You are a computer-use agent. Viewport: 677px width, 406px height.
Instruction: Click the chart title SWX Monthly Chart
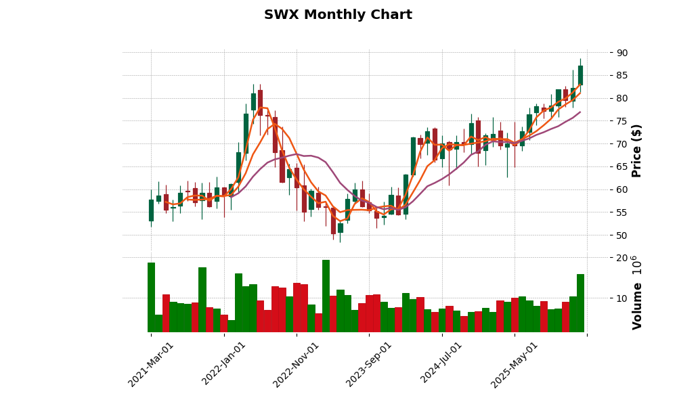(338, 15)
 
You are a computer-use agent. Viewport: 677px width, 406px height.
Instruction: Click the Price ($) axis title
(636, 150)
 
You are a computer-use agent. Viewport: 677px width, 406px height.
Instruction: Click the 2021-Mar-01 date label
(151, 364)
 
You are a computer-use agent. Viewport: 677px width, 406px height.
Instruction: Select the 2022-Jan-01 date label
(224, 364)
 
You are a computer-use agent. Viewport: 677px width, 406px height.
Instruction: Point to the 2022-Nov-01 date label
(296, 364)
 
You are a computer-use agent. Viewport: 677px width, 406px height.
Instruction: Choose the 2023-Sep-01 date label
(369, 364)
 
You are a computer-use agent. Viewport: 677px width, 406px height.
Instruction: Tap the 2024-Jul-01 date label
(441, 364)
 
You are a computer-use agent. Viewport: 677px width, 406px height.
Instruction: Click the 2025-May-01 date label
(515, 364)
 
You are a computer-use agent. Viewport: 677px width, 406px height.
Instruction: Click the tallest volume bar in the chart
(326, 296)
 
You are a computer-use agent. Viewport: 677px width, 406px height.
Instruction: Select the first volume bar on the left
(151, 297)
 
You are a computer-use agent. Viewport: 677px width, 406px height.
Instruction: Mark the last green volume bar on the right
(580, 303)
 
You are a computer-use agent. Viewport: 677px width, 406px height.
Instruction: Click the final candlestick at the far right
(580, 75)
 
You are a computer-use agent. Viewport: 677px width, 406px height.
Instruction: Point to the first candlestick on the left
(151, 210)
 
